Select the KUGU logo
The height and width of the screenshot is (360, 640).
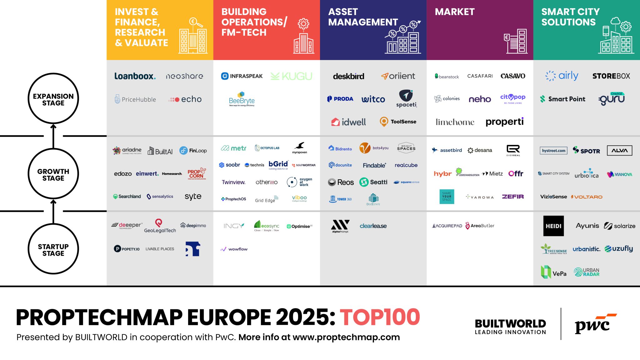tap(291, 76)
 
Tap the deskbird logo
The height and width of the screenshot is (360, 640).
tap(348, 76)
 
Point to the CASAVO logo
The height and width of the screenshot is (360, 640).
tap(513, 76)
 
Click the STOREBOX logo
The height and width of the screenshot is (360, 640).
tap(611, 76)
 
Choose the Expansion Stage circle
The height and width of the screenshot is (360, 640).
tap(53, 99)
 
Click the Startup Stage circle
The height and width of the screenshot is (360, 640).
tap(53, 249)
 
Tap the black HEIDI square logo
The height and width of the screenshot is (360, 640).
tap(553, 226)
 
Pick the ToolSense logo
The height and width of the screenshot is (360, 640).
tap(398, 122)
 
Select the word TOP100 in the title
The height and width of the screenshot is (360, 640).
tap(380, 317)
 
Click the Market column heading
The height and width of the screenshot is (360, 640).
tap(455, 12)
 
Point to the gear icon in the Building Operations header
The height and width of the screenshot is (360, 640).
tap(303, 24)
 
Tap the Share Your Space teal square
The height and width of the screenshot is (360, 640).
tap(447, 197)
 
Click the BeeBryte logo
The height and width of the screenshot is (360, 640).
tap(242, 99)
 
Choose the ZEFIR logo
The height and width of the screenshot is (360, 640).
tap(513, 197)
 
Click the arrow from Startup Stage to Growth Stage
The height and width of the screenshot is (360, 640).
tap(53, 212)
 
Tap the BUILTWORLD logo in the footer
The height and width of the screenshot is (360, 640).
tap(510, 327)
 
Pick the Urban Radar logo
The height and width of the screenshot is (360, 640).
tap(587, 272)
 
